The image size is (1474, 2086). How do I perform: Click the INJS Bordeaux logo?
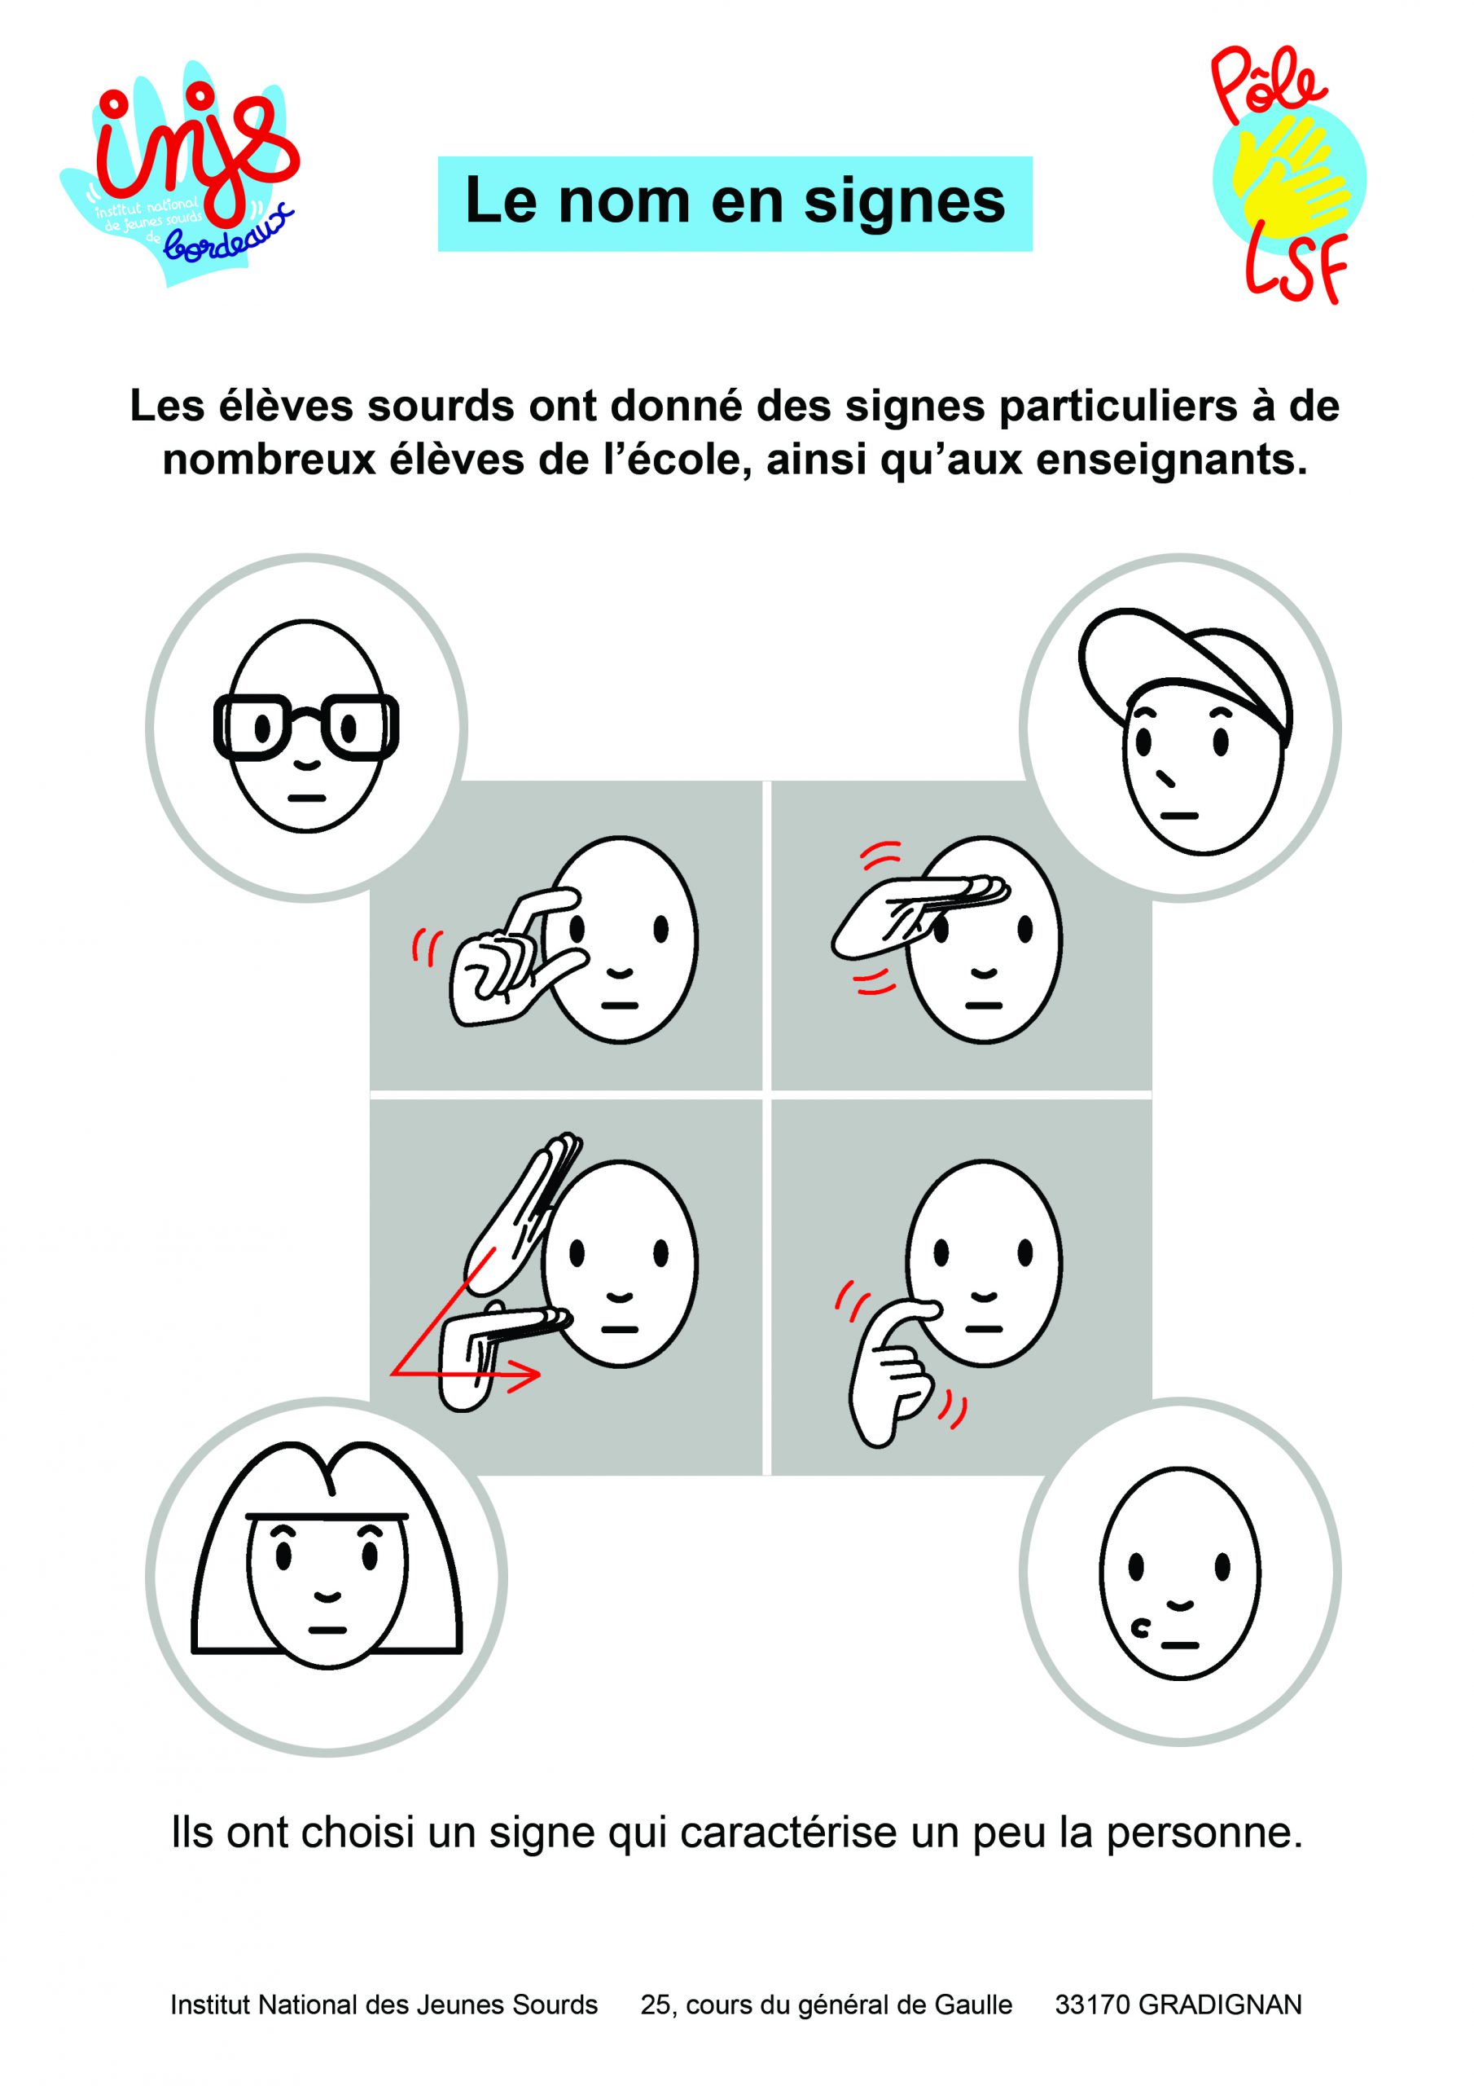pyautogui.click(x=180, y=173)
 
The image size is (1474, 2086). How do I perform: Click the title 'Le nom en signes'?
pyautogui.click(x=735, y=203)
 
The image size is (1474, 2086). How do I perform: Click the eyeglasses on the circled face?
pyautogui.click(x=306, y=727)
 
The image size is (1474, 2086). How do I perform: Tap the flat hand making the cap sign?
pyautogui.click(x=918, y=915)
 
